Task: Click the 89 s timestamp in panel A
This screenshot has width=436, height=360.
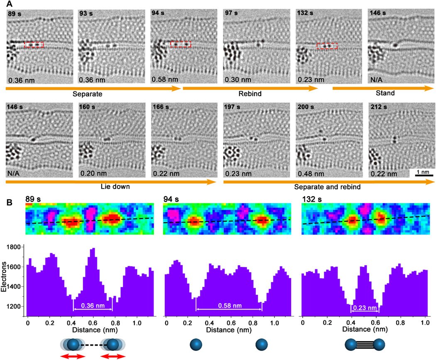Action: point(15,13)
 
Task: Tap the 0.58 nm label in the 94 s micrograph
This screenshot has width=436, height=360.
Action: point(164,79)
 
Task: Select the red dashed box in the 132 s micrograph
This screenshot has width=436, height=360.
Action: point(327,46)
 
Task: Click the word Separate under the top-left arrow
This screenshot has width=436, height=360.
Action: point(87,94)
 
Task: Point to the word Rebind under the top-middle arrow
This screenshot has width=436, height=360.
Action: point(250,94)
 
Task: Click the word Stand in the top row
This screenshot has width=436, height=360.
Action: point(385,93)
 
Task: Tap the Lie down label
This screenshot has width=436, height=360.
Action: point(115,186)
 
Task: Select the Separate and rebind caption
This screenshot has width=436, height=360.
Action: point(327,187)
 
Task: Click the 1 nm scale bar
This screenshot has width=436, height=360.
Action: point(424,175)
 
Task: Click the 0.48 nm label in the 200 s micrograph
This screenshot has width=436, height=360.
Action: point(311,174)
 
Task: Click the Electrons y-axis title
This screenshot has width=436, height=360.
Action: point(4,276)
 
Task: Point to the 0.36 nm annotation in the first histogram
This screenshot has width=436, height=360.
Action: point(93,306)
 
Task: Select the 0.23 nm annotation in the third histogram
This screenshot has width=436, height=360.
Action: point(365,308)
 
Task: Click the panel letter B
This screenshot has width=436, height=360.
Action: point(9,202)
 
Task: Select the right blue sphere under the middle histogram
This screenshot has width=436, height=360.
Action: point(261,344)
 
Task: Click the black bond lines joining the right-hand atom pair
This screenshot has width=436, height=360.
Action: point(365,345)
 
